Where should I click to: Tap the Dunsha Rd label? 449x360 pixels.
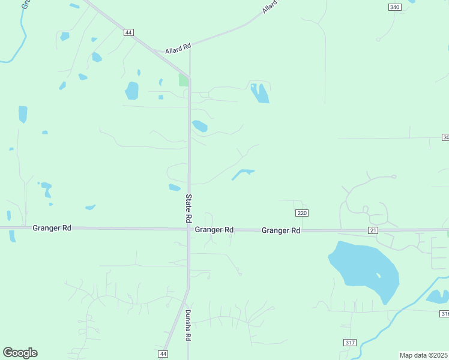(187, 325)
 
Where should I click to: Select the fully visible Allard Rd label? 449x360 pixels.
(178, 46)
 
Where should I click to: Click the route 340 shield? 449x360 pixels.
(394, 7)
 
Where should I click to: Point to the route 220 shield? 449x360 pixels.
(302, 213)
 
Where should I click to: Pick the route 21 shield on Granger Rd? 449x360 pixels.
(373, 230)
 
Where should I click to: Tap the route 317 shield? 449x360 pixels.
(350, 342)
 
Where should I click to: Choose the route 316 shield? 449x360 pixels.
(444, 314)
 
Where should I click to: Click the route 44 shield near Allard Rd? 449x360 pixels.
(128, 32)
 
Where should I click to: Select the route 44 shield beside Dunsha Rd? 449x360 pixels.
(163, 354)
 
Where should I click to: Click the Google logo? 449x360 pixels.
(20, 353)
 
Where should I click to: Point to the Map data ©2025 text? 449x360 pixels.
(424, 355)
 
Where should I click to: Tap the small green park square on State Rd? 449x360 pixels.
(183, 80)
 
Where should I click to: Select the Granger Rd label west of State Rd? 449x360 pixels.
(52, 228)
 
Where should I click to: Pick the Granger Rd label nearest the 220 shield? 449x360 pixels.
(281, 230)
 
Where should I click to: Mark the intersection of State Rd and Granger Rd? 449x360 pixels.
(188, 229)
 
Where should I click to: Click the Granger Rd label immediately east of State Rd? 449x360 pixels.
(214, 230)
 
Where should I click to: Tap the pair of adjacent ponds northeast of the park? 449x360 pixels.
(260, 93)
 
